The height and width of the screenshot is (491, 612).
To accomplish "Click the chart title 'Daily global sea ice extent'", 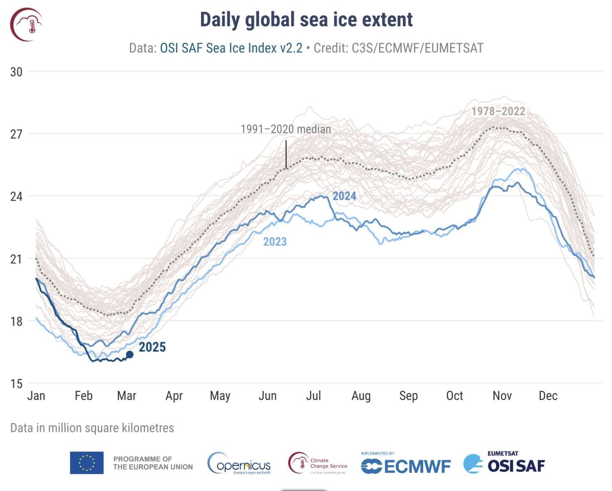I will pyautogui.click(x=306, y=20).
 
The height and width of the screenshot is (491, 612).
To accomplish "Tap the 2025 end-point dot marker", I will pyautogui.click(x=130, y=355).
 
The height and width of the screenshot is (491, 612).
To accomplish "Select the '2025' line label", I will pyautogui.click(x=152, y=347).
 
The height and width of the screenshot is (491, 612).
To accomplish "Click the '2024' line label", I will pyautogui.click(x=344, y=196).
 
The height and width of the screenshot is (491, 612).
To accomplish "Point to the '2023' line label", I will pyautogui.click(x=275, y=242).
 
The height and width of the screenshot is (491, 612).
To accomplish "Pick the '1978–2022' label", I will pyautogui.click(x=498, y=111).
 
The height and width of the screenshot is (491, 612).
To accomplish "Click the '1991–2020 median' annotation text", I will pyautogui.click(x=286, y=129).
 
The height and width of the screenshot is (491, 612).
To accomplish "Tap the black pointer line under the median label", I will pyautogui.click(x=286, y=154).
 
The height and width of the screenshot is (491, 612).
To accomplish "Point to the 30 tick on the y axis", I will pyautogui.click(x=16, y=72).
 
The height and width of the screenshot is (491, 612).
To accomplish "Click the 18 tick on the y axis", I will pyautogui.click(x=16, y=321).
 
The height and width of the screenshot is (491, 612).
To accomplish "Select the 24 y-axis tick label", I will pyautogui.click(x=16, y=196).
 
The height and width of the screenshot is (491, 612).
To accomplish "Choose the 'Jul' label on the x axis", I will pyautogui.click(x=313, y=396).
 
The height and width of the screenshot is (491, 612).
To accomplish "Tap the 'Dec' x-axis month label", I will pyautogui.click(x=548, y=396).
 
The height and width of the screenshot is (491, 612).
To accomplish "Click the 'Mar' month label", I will pyautogui.click(x=126, y=396).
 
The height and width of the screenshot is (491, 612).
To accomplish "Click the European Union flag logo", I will pyautogui.click(x=86, y=463).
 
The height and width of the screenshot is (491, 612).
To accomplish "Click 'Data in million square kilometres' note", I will pyautogui.click(x=92, y=428).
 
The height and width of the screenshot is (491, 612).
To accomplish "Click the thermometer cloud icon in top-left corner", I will pyautogui.click(x=26, y=25).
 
